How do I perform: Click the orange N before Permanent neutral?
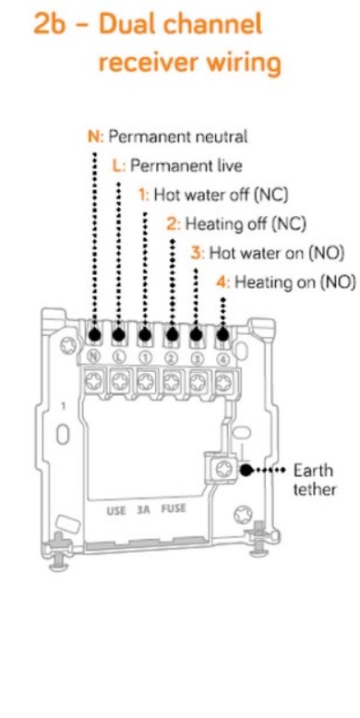click(x=94, y=137)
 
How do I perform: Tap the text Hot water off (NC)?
click(x=221, y=195)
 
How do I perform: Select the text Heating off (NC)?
click(x=245, y=224)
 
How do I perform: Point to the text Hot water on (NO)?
click(x=276, y=253)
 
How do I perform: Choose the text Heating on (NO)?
click(x=295, y=282)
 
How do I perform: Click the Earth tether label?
click(x=314, y=480)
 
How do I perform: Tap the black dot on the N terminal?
click(x=94, y=335)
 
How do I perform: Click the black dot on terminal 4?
click(x=223, y=335)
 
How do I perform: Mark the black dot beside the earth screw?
click(x=246, y=470)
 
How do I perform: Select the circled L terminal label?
click(x=118, y=358)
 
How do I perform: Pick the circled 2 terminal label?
click(x=171, y=358)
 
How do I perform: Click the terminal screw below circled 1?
click(x=146, y=380)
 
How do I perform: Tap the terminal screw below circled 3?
click(x=198, y=380)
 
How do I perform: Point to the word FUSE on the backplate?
click(x=174, y=509)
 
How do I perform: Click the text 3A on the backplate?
click(x=143, y=509)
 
